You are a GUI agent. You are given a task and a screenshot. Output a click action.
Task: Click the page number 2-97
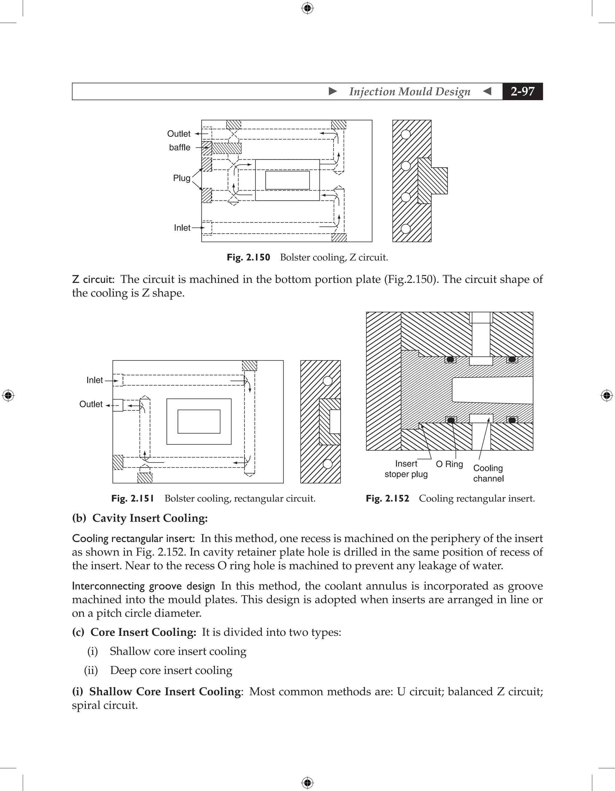pos(522,91)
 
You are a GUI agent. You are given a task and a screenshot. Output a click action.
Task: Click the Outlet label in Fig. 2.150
pos(179,134)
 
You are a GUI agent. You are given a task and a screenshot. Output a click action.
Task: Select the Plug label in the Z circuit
pos(182,178)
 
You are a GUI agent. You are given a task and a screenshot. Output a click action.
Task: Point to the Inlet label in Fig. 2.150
pos(182,228)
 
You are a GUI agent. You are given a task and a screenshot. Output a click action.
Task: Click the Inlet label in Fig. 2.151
pos(95,380)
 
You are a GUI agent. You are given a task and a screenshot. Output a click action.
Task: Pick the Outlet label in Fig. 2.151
pos(91,404)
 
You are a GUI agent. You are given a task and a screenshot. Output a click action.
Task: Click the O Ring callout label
pos(449,464)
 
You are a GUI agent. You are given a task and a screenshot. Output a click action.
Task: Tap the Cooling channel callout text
pos(488,473)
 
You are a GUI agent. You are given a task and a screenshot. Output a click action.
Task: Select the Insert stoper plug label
pos(406,469)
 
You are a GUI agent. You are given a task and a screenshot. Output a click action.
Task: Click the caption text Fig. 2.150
pos(248,257)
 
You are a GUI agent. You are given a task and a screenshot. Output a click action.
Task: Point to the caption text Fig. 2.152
pos(387,498)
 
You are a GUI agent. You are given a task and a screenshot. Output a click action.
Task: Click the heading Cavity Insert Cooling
pos(150,518)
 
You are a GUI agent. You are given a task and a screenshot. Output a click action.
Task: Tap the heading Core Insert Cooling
pos(143,632)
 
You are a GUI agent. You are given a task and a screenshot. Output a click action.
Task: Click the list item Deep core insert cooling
pos(171,670)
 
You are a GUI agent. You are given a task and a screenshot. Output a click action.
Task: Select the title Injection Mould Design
pos(410,91)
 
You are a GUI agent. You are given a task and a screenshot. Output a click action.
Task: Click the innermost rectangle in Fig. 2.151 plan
pos(198,421)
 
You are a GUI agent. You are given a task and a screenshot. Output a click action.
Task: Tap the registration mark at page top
pos(307,8)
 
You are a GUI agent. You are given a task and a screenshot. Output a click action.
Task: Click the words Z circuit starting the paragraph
pos(93,279)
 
